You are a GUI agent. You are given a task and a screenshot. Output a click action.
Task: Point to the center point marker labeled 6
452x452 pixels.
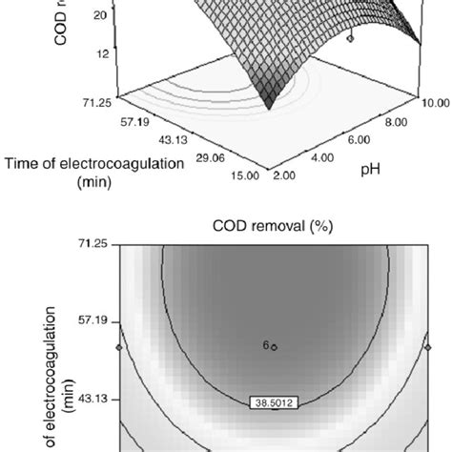coord(273,347)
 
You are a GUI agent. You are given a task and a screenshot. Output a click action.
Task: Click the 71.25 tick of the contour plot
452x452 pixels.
coord(93,244)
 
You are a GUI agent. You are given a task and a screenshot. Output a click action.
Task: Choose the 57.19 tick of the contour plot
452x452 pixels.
coord(93,321)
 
